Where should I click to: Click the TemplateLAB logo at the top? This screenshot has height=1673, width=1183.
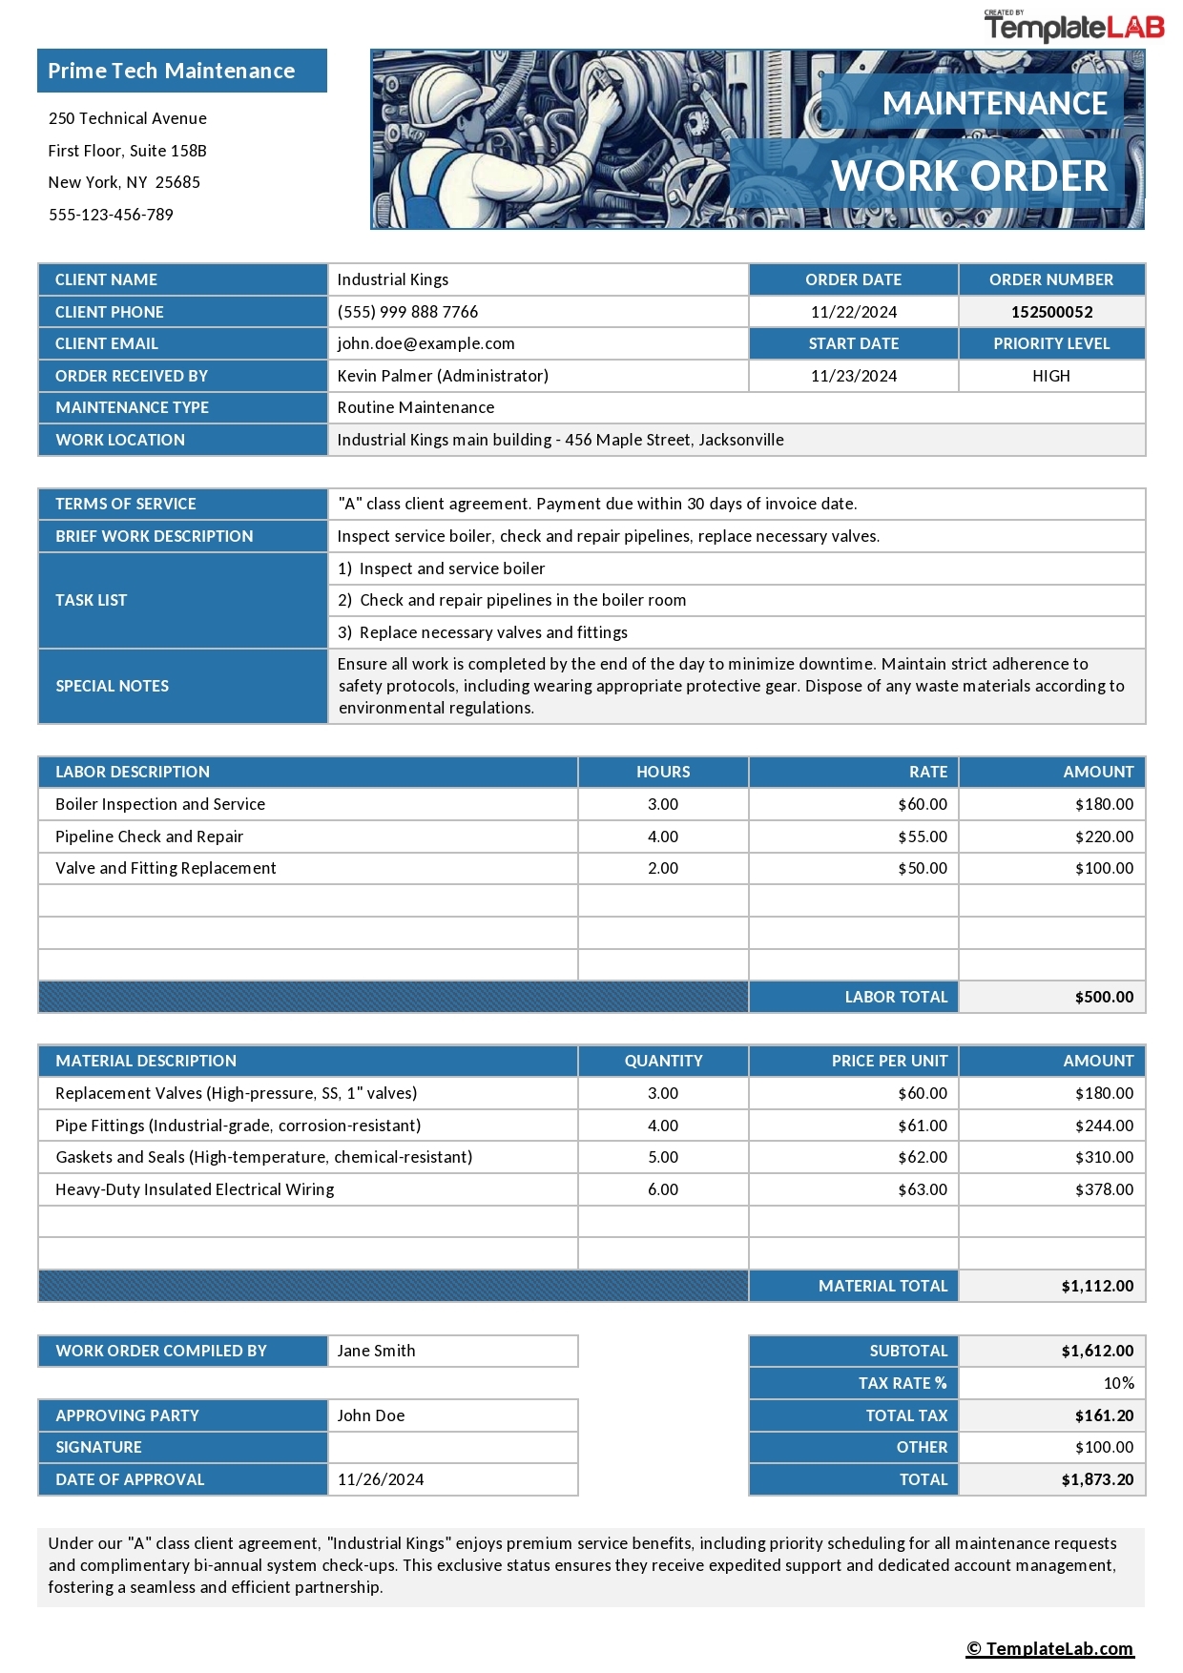tap(1073, 27)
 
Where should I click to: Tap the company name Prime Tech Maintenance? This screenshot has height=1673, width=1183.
tap(172, 72)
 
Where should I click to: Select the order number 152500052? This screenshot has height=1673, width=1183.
tap(1051, 312)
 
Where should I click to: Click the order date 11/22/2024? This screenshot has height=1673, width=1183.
tap(853, 312)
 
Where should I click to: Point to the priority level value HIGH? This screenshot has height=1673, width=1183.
tap(1050, 376)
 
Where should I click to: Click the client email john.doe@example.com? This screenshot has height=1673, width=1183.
tap(425, 343)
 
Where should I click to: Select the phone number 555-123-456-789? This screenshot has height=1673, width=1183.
tap(111, 215)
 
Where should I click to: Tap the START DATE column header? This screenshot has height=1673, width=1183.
tap(853, 343)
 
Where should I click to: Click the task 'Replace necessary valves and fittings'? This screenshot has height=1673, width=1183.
tap(492, 632)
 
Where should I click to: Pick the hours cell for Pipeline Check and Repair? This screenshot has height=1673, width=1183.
tap(662, 836)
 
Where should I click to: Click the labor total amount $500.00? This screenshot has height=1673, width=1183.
tap(1104, 997)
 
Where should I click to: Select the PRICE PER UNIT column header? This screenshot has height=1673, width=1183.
tap(889, 1061)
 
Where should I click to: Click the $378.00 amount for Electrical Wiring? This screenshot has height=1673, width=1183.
tap(1104, 1189)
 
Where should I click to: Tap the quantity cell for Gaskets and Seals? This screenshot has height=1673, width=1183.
tap(662, 1157)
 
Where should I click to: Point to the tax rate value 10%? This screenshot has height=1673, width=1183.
tap(1118, 1383)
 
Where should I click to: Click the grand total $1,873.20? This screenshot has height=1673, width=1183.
tap(1097, 1479)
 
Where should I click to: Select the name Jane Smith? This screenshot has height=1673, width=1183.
tap(376, 1351)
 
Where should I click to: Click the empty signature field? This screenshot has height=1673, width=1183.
tap(452, 1447)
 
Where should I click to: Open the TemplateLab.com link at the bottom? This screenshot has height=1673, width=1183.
tap(1049, 1648)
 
